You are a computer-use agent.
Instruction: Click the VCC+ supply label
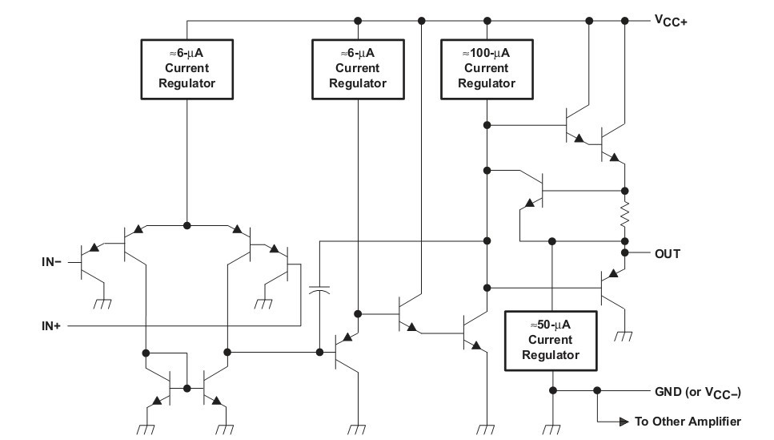pos(670,21)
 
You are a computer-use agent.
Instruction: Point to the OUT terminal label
pos(668,254)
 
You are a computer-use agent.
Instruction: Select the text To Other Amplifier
pos(688,421)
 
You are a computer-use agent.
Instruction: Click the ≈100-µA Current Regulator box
pos(486,69)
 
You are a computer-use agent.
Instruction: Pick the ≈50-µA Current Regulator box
pos(551,341)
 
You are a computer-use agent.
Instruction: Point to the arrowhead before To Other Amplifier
pos(622,421)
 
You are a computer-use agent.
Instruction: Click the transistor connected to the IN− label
pos(88,261)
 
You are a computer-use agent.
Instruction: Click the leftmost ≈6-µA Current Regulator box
pos(186,69)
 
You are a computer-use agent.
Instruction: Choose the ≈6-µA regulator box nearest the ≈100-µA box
pos(358,69)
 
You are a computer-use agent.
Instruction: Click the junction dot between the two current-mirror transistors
pos(186,388)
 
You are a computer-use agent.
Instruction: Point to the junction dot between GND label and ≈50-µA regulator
pos(596,391)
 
